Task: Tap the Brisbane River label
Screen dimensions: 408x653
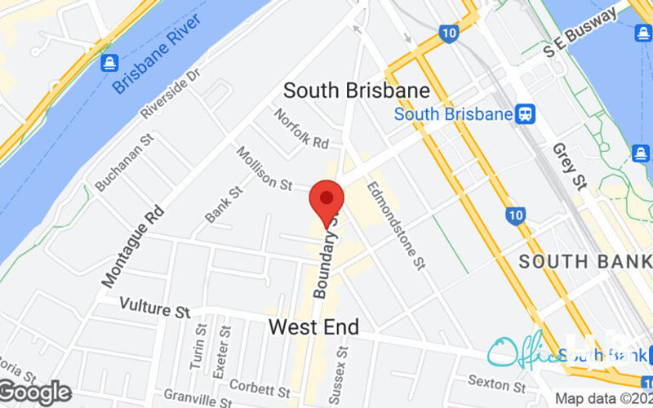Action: (157, 52)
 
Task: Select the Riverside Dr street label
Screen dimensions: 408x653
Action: (170, 93)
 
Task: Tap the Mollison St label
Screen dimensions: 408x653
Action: (264, 169)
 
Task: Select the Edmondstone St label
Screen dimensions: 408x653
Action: (397, 224)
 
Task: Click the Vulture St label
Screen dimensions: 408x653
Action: (154, 309)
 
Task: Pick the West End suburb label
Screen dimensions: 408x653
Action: (313, 328)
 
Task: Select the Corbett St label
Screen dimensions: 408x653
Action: (259, 384)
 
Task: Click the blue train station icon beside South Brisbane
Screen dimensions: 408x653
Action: (526, 113)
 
